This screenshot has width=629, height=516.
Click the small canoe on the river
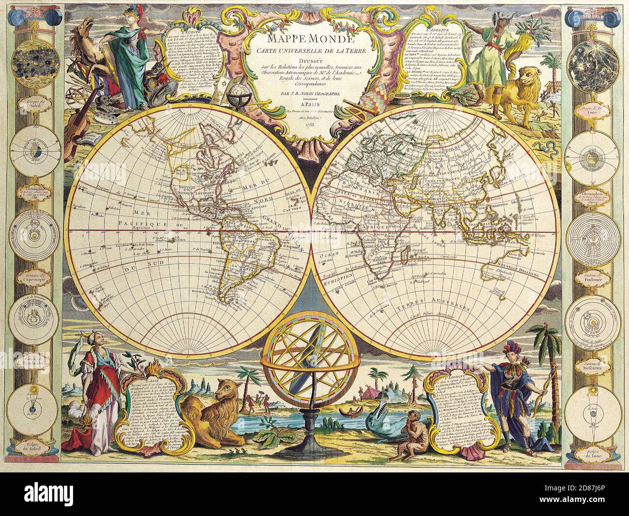point(346,412)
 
